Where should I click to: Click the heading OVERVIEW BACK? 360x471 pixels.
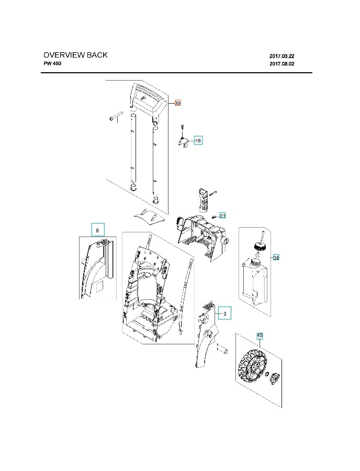pyautogui.click(x=75, y=55)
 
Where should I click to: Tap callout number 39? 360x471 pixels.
pyautogui.click(x=177, y=104)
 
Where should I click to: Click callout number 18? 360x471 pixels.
pyautogui.click(x=198, y=140)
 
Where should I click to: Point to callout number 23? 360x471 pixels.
pyautogui.click(x=222, y=216)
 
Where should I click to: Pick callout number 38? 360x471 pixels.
pyautogui.click(x=276, y=257)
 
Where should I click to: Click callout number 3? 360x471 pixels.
pyautogui.click(x=224, y=313)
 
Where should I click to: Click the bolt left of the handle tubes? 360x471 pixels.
pyautogui.click(x=115, y=117)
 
